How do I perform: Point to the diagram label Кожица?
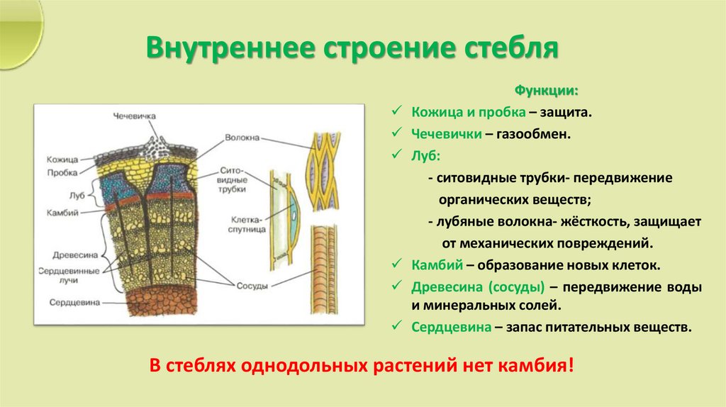click(x=62, y=160)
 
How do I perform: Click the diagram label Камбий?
click(x=64, y=212)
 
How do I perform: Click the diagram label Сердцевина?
click(x=74, y=302)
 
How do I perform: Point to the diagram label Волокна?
click(x=242, y=138)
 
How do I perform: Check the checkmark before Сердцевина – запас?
click(x=397, y=328)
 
